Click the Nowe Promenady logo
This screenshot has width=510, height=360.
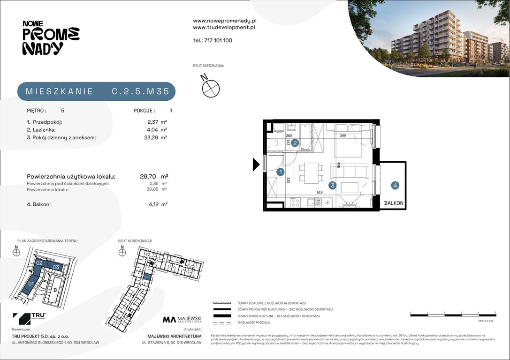point(51,37)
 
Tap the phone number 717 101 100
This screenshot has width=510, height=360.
point(213,40)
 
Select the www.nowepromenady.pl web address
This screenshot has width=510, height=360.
point(224,21)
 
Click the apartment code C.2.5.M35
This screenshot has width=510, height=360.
point(140,92)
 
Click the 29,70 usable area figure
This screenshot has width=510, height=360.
point(148,176)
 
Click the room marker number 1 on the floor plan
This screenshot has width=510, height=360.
point(280,172)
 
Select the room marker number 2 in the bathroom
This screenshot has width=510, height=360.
point(295,143)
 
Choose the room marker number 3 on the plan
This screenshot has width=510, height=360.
point(332,185)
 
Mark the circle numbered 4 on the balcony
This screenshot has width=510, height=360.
point(396,185)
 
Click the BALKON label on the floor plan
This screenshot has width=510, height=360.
point(393,203)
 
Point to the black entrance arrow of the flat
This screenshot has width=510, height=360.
point(256,164)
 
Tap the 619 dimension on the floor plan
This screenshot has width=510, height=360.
point(320,192)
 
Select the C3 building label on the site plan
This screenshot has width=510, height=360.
point(56,267)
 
